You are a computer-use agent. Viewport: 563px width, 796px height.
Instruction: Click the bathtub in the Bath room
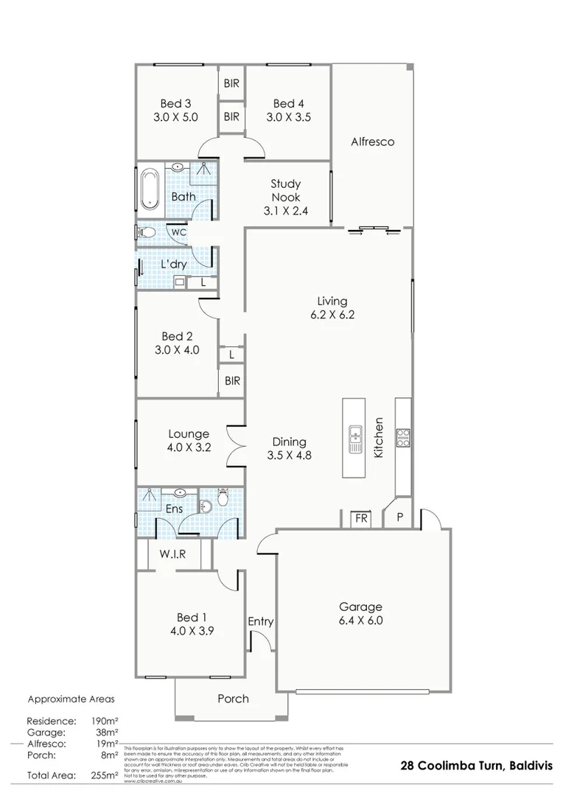(150, 189)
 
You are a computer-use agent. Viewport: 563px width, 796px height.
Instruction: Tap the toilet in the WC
(147, 233)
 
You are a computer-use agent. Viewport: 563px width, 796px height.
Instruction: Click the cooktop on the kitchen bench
(403, 437)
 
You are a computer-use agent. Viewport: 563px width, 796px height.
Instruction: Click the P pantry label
(399, 517)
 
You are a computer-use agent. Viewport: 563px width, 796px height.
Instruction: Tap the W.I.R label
(173, 555)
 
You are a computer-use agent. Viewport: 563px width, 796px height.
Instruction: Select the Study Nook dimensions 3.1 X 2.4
(286, 211)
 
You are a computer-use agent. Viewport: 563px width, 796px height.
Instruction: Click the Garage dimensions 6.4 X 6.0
(360, 620)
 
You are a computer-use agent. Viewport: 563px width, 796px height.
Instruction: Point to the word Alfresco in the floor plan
(372, 141)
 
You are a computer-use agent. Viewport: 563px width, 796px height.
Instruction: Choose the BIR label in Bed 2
(232, 381)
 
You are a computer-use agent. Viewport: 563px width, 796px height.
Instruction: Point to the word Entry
(260, 621)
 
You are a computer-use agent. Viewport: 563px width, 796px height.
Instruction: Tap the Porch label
(233, 698)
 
